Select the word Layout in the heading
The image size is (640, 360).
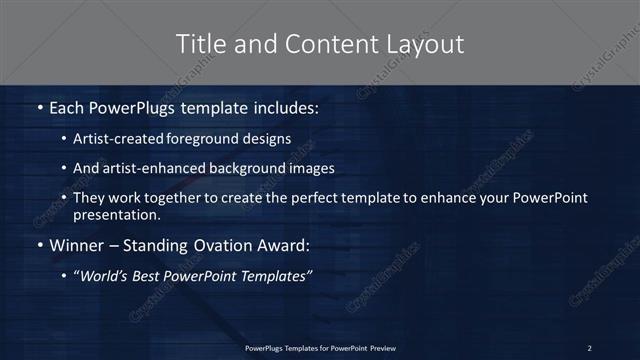(424, 44)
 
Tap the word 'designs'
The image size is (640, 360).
(267, 138)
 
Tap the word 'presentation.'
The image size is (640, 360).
(116, 214)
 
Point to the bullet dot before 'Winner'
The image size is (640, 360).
(39, 244)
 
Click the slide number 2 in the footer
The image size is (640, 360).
(589, 347)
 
